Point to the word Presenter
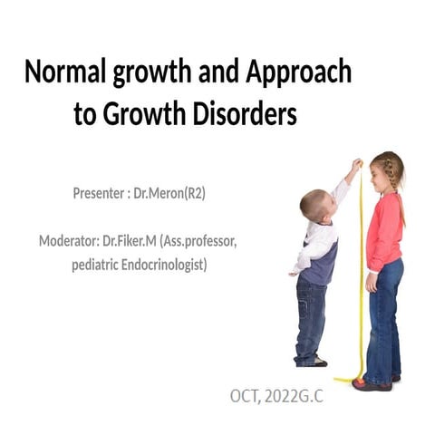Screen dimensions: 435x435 (x=101, y=193)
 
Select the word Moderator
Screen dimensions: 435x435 (x=69, y=241)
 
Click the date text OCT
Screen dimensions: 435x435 (x=245, y=396)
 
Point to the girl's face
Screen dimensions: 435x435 (x=382, y=175)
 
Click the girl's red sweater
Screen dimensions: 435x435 (x=384, y=231)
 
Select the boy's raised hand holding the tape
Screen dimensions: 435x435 (x=356, y=165)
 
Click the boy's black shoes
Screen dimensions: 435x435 (x=312, y=361)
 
